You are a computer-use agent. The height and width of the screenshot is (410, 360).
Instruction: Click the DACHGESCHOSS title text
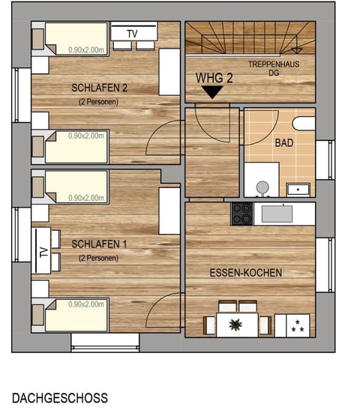[x=60, y=398]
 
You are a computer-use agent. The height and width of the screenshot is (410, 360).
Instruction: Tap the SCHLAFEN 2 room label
[x=100, y=88]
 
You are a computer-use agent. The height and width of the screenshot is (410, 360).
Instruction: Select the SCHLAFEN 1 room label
[x=100, y=244]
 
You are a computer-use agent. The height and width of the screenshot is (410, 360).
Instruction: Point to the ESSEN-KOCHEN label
[x=245, y=273]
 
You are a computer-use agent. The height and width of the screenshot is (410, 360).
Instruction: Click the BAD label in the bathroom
[x=284, y=142]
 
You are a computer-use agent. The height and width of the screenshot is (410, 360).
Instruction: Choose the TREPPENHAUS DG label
[x=274, y=67]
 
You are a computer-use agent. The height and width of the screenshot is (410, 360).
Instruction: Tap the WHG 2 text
[x=214, y=77]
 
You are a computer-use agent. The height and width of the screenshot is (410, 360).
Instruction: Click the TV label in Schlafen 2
[x=132, y=34]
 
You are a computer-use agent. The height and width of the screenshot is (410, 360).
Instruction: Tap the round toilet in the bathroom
[x=261, y=187]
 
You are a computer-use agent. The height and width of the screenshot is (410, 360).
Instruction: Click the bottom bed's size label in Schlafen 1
[x=86, y=304]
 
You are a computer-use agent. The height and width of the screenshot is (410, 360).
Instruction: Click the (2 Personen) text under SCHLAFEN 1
[x=99, y=258]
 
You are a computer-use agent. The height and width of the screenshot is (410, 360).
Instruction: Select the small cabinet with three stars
[x=295, y=325]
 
